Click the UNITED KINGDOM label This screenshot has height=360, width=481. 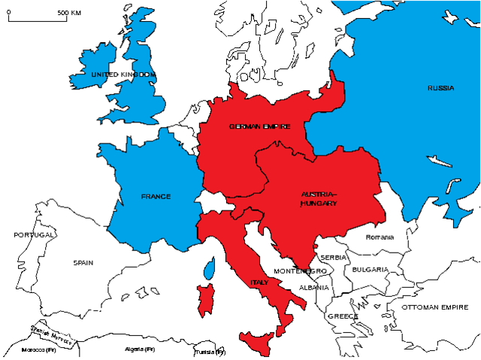pos(123,75)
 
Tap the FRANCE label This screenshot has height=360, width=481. pos(156,197)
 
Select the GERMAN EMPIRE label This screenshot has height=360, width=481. pos(260,126)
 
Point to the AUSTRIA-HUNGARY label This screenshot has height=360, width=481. pos(319,198)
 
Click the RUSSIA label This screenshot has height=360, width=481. pos(440,89)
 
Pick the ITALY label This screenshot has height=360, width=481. pos(259,283)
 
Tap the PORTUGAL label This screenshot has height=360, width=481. pos(35,235)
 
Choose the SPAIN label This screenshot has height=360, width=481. pos(83,263)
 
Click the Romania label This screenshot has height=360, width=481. pos(380,237)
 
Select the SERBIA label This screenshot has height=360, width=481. pos(333,257)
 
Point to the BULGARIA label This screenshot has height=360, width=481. pos(370,269)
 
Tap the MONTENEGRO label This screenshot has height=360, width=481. pos(300,271)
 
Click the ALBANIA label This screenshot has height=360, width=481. pos(313,288)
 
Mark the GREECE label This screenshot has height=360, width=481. pos(342,316)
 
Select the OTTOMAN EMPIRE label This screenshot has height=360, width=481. pos(434,307)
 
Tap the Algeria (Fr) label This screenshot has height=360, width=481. pos(139,350)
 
